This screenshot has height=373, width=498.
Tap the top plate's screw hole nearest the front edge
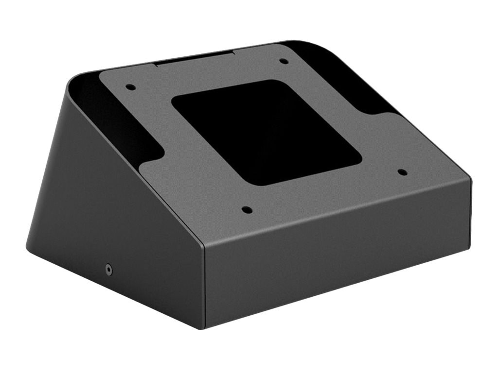click(x=247, y=210)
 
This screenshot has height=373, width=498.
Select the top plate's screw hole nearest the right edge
click(x=402, y=171)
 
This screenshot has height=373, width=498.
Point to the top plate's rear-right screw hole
click(x=284, y=61)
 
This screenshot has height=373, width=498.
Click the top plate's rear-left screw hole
click(x=130, y=87)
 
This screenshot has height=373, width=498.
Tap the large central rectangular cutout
click(x=266, y=131)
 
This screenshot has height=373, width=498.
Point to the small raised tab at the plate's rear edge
click(x=195, y=58)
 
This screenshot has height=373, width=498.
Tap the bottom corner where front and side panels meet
click(x=204, y=327)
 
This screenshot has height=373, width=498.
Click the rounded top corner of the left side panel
click(x=73, y=80)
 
